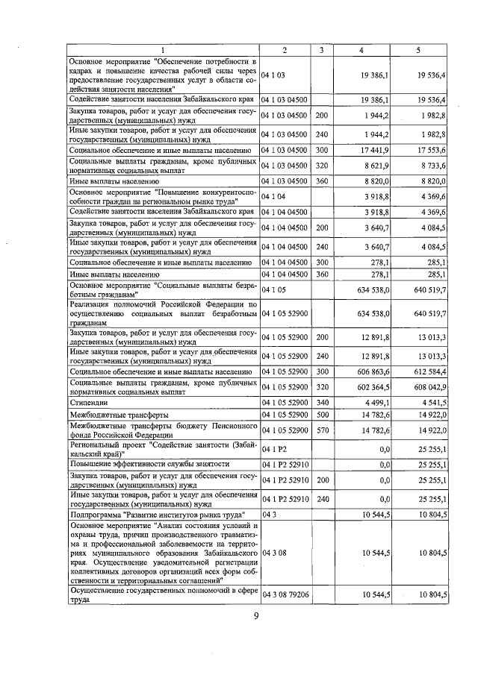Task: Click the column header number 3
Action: pos(321,50)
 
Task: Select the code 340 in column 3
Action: pos(321,402)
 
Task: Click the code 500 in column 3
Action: pos(321,414)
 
